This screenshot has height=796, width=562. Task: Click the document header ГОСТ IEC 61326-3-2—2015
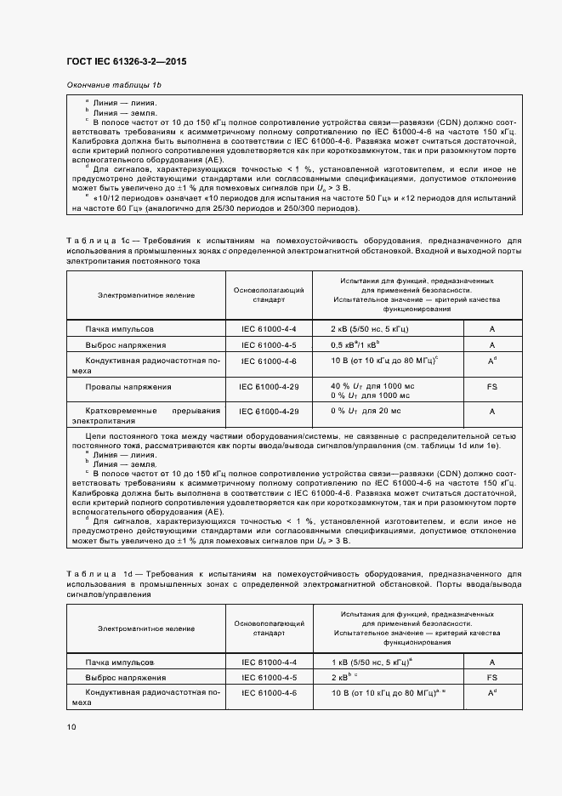[x=126, y=62]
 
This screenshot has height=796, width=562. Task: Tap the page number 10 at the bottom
[x=71, y=726]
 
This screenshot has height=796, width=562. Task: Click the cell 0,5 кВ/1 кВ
[x=355, y=344]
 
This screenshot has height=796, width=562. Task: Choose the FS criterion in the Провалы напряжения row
[x=491, y=387]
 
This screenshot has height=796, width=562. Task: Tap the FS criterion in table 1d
[x=491, y=678]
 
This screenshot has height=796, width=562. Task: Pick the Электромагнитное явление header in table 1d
[x=145, y=628]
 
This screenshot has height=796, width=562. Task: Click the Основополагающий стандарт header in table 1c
[x=269, y=295]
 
